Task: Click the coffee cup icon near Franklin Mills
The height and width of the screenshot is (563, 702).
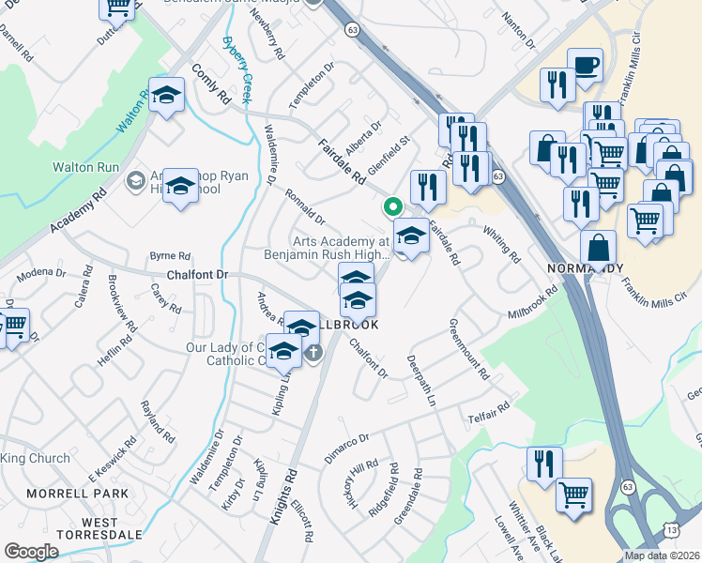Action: tap(585, 67)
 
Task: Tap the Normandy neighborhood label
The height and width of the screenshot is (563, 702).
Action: tap(584, 268)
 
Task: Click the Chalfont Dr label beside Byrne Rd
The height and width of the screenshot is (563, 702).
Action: tap(197, 273)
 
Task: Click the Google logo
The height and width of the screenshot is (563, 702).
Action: tap(32, 552)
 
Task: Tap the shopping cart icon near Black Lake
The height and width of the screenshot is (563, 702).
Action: tap(573, 495)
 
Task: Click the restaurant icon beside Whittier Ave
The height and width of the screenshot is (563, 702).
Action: tap(544, 463)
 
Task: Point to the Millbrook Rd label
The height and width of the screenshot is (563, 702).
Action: tap(533, 302)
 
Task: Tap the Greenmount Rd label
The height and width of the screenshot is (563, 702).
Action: tap(469, 348)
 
